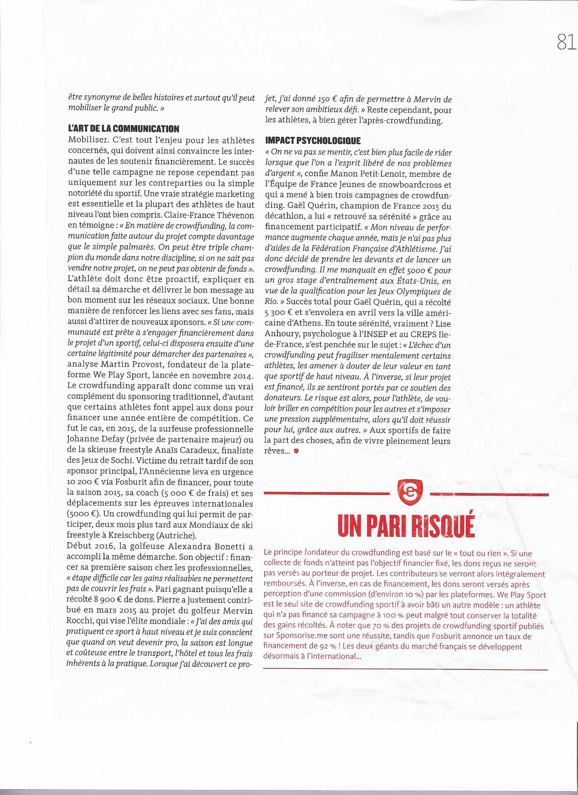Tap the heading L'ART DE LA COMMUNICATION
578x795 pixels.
tap(123, 129)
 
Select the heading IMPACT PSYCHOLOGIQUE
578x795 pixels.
tap(313, 141)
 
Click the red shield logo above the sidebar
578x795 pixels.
tap(410, 492)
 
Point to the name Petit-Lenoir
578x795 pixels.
tap(379, 174)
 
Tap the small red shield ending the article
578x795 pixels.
tap(296, 452)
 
